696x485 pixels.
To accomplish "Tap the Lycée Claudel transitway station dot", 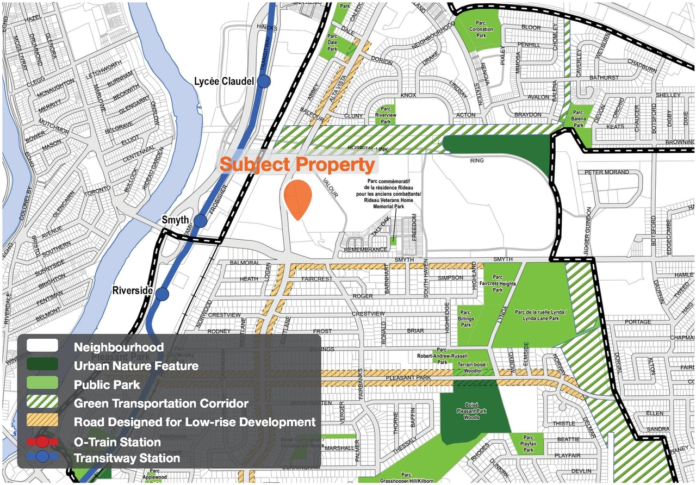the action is [x=264, y=82].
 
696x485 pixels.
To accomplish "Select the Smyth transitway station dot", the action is [x=201, y=221].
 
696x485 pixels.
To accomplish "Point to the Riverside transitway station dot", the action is [x=162, y=294].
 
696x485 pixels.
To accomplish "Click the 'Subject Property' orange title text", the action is [x=297, y=164].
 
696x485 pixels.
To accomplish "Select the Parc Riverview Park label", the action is [x=386, y=115].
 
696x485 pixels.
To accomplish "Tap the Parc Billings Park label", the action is [x=465, y=319].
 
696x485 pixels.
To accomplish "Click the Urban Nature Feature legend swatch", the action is [x=42, y=366].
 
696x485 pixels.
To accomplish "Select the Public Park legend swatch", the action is [x=42, y=384].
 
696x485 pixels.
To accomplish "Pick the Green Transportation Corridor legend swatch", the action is [x=42, y=403].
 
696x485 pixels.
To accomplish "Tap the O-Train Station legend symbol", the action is [x=42, y=442].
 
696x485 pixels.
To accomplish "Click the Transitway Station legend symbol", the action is [x=42, y=458].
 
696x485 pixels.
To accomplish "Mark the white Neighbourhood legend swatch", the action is [x=42, y=346].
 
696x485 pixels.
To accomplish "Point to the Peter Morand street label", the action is [x=606, y=172].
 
